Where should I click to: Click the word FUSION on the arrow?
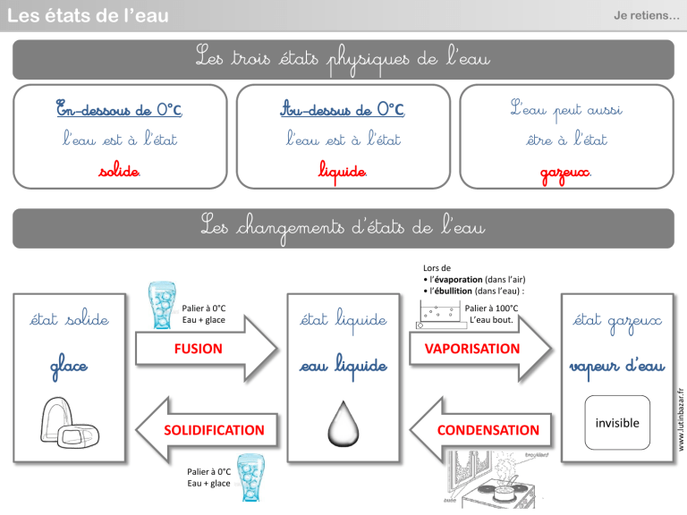pos(199,349)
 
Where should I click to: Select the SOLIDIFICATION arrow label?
pos(214,430)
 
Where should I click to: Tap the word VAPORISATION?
pos(471,349)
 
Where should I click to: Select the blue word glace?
pos(68,366)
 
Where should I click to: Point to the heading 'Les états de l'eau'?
pos(87,15)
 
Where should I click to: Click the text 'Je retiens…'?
pos(646,15)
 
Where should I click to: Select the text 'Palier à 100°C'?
pos(492,308)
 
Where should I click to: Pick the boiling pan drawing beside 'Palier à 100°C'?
pos(439,315)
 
